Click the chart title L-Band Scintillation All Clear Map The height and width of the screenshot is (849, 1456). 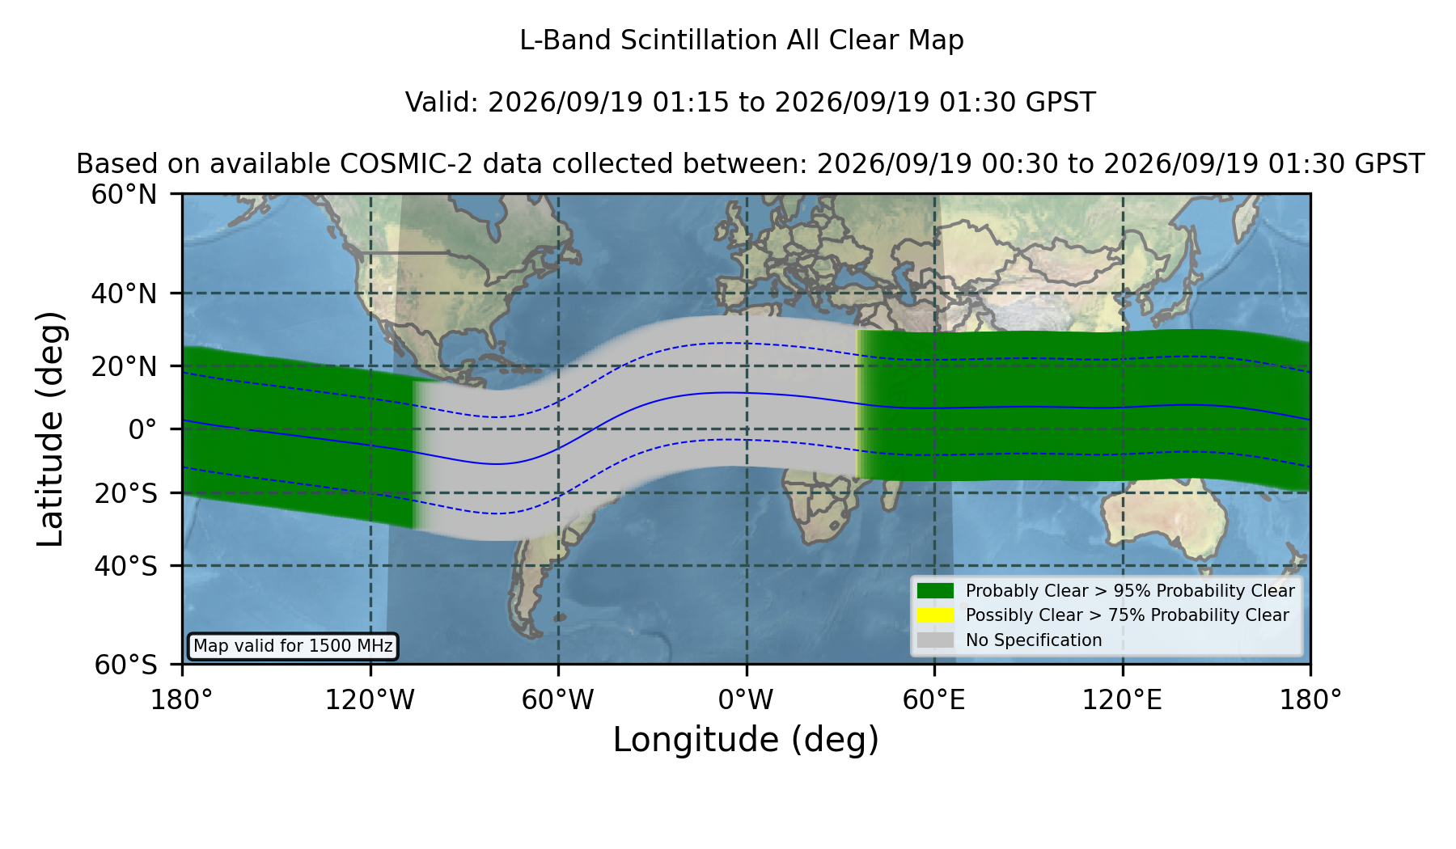tap(742, 40)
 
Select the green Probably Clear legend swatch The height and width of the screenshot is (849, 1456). tap(936, 591)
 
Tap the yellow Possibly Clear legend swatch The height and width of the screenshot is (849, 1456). tap(936, 615)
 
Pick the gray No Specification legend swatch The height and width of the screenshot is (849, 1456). tap(936, 640)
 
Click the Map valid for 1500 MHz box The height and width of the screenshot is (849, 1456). tap(293, 646)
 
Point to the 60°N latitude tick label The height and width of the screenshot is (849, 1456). tap(124, 195)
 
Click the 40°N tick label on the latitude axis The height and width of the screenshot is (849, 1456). tap(124, 294)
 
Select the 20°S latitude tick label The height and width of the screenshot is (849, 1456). tap(126, 493)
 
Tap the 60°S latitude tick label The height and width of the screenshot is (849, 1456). tap(126, 665)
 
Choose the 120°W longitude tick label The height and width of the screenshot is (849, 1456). tap(370, 700)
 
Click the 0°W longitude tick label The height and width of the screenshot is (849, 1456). tap(746, 700)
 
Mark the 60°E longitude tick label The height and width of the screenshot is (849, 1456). tap(934, 700)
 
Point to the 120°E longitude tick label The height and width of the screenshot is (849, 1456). tap(1122, 700)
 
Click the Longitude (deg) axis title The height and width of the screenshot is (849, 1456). tap(746, 740)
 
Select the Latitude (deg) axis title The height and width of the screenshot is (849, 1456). tap(50, 429)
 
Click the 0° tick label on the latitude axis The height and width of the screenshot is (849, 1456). tap(142, 429)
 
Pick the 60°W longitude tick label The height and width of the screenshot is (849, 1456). tap(558, 700)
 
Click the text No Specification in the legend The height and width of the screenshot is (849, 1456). tap(1034, 640)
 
